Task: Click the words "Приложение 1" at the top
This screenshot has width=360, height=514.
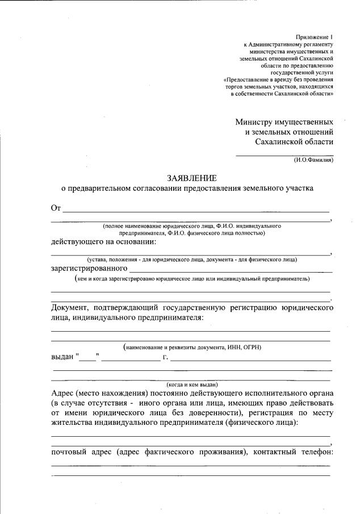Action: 314,36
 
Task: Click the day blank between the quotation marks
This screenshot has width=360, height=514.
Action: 87,359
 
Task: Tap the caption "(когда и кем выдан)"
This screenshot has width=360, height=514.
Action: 192,383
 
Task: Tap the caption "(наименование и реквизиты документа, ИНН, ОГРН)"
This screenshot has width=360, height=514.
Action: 192,346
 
